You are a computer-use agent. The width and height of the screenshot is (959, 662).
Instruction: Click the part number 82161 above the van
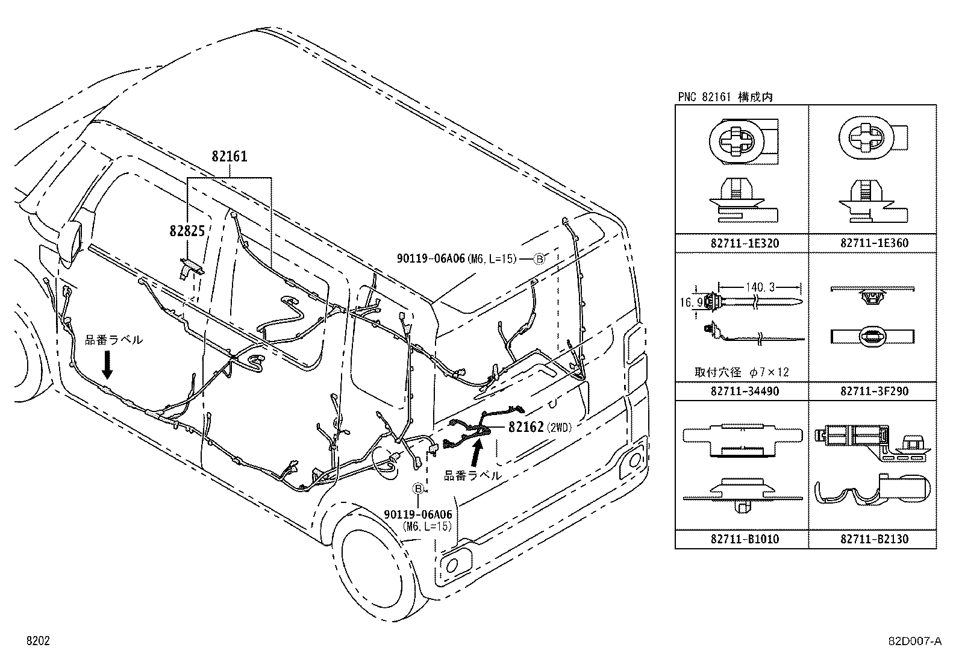pos(230,157)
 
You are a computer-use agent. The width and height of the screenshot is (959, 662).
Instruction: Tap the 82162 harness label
pos(526,427)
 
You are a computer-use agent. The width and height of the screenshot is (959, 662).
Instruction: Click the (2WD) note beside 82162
pos(560,428)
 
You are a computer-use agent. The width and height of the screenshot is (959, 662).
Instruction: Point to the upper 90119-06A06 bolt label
pos(431,258)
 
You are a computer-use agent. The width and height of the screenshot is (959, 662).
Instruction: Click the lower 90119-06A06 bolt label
pos(417,514)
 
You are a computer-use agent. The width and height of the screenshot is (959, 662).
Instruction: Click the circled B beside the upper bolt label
pos(540,258)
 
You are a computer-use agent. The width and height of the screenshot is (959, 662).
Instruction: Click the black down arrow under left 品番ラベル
pos(107,364)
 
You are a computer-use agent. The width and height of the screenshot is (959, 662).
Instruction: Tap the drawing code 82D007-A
pos(916,642)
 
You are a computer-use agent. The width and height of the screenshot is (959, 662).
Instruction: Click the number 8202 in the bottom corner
pos(37,642)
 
